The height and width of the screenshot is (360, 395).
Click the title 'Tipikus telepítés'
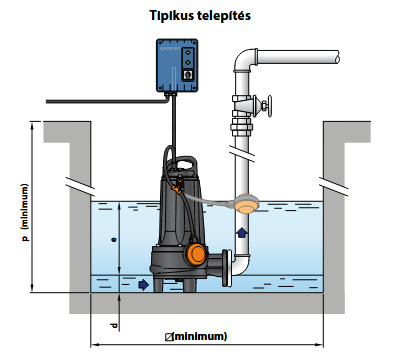click(200, 16)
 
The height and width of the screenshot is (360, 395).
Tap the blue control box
click(177, 65)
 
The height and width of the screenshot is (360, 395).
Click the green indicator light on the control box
click(188, 62)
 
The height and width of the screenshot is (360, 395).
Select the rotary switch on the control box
click(188, 75)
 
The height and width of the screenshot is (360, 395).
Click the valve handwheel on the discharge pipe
click(269, 106)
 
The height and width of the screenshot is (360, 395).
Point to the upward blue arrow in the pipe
click(242, 232)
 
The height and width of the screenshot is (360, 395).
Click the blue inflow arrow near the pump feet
click(144, 284)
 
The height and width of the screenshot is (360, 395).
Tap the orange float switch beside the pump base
click(196, 253)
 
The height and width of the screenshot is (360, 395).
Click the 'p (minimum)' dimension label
click(25, 212)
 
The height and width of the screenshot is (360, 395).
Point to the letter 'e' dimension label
click(114, 239)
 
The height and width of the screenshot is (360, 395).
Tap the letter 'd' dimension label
click(114, 326)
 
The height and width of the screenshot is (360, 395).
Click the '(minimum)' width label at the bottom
click(196, 336)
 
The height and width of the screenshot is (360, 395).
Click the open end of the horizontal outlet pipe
click(338, 57)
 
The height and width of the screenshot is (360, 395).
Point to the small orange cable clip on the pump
click(177, 189)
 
